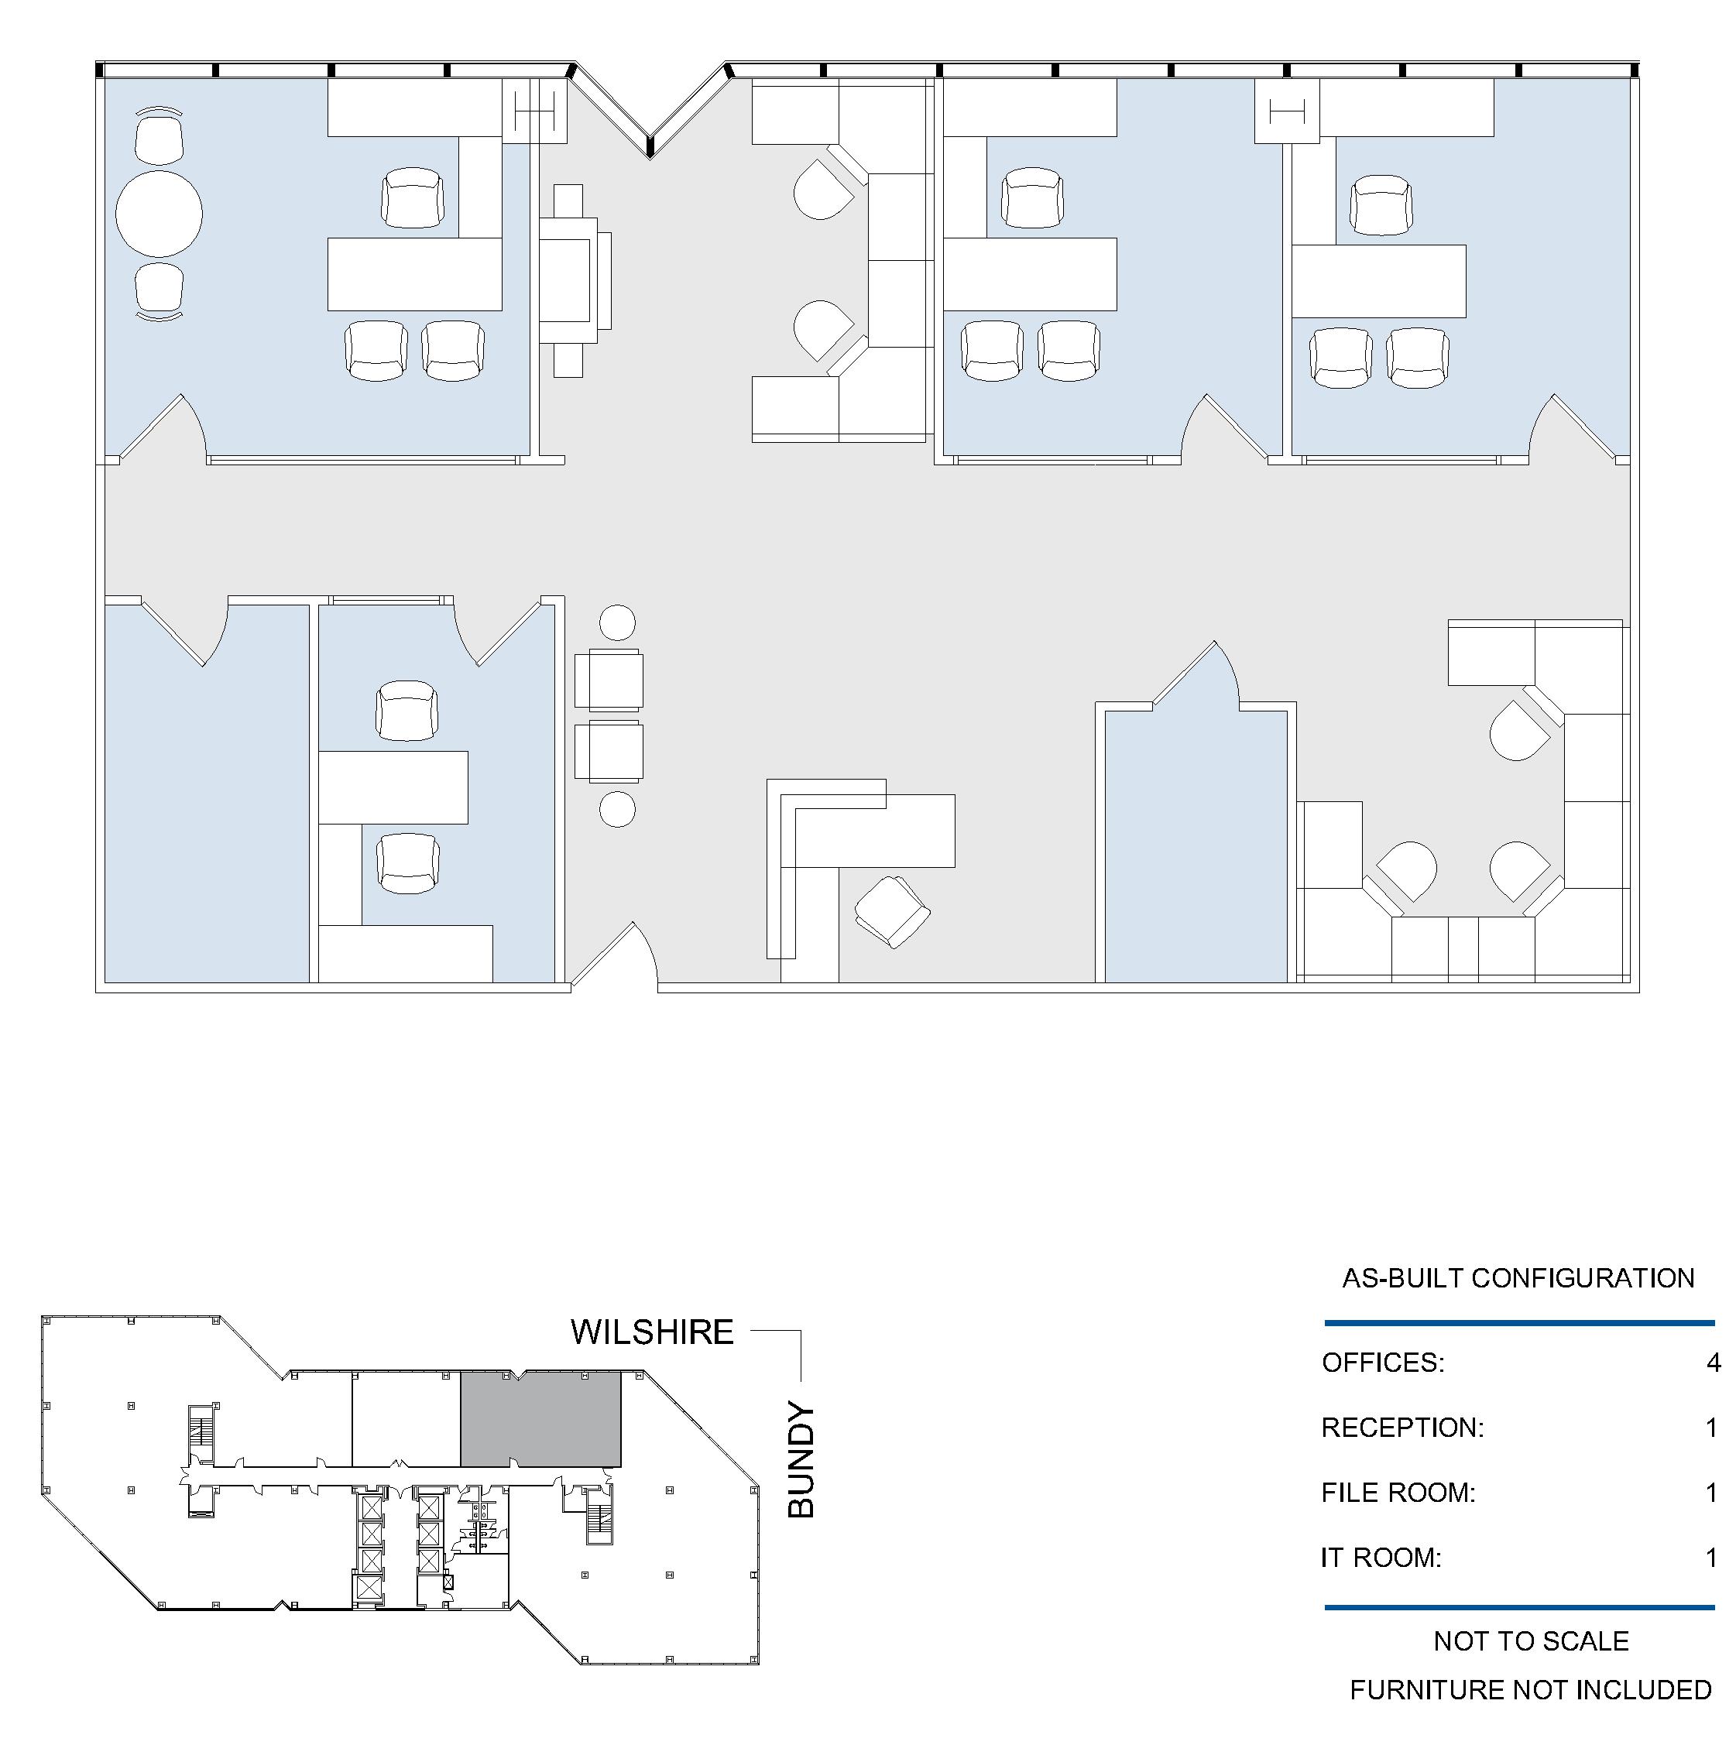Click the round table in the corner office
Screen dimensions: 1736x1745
tap(159, 214)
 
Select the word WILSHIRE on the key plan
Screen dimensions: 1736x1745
tap(652, 1332)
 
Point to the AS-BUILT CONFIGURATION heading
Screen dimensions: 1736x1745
tap(1518, 1278)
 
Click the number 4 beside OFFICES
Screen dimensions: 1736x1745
tap(1714, 1362)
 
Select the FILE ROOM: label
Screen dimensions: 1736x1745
tap(1398, 1492)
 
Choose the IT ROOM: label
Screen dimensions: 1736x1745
tap(1381, 1557)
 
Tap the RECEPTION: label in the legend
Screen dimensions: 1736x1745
tap(1403, 1427)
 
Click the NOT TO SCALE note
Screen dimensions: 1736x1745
tap(1531, 1641)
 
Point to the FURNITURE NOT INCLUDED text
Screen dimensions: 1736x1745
tap(1531, 1689)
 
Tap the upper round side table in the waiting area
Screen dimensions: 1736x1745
tap(618, 623)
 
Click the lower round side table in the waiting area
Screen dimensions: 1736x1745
tap(618, 809)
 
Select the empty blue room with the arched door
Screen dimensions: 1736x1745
tap(1196, 845)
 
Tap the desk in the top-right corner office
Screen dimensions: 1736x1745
tap(1378, 281)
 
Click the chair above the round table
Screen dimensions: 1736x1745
tap(159, 137)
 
